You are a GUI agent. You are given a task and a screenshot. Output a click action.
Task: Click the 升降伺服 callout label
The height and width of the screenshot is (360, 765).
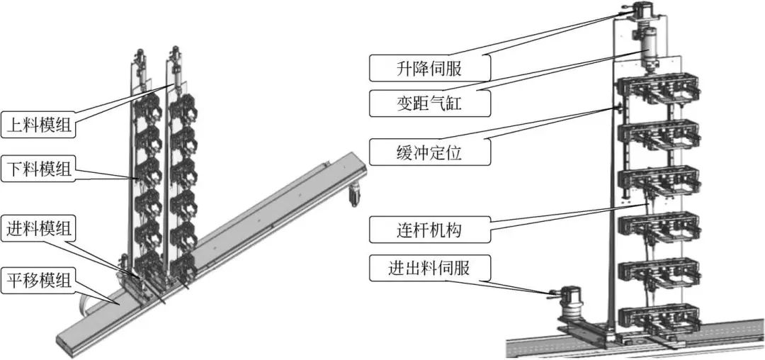[x=431, y=69]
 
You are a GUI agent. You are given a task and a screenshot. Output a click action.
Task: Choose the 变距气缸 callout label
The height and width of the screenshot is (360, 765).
[x=431, y=105]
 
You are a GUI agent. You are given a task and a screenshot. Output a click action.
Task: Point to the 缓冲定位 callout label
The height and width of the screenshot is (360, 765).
[x=431, y=151]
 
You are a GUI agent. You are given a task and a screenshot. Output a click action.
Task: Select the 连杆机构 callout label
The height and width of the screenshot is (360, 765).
[x=431, y=230]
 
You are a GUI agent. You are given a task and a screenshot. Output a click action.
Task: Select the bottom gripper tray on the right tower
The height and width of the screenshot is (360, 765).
[x=658, y=318]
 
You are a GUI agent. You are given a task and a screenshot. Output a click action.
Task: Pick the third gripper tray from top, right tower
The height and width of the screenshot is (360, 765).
[x=658, y=181]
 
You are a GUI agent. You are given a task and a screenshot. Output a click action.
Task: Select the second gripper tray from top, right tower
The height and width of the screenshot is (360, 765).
[x=658, y=135]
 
